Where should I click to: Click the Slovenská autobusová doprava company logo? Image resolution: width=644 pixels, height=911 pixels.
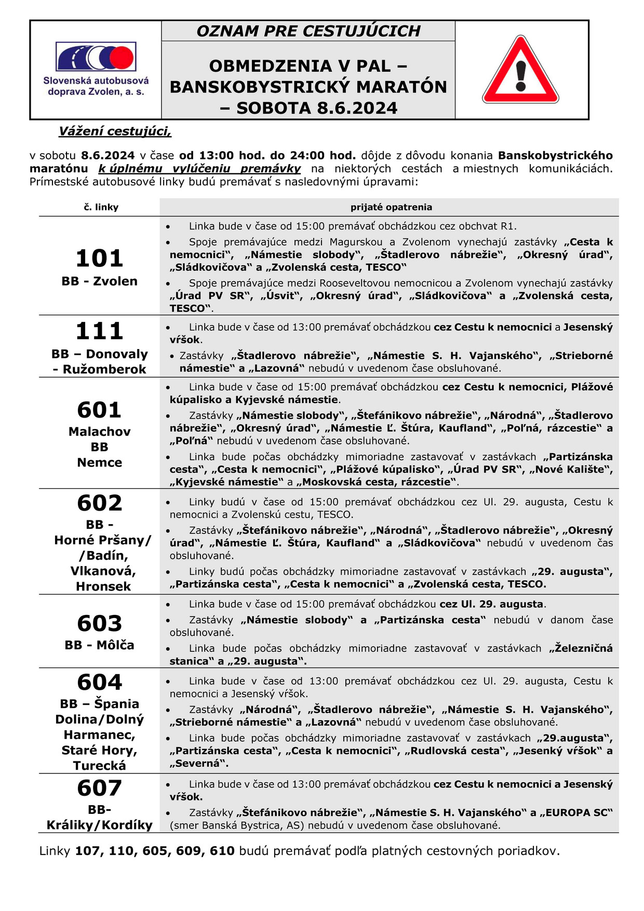click(x=96, y=69)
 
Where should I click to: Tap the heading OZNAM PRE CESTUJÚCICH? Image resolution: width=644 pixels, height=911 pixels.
click(x=308, y=31)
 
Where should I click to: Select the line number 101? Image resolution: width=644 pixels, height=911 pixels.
click(x=99, y=259)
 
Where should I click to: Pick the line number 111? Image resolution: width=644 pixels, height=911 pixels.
click(x=99, y=331)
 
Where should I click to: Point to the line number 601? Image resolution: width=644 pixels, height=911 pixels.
click(x=99, y=410)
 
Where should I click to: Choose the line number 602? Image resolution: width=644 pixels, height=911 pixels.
click(x=99, y=503)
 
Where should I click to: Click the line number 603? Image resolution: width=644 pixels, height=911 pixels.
click(x=99, y=623)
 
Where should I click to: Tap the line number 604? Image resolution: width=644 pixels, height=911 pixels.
click(x=99, y=682)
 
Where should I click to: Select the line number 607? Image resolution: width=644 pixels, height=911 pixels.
click(x=99, y=788)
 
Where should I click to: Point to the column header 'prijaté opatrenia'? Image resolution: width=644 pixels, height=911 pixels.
click(x=391, y=207)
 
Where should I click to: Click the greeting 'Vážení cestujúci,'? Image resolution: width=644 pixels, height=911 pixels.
click(x=115, y=131)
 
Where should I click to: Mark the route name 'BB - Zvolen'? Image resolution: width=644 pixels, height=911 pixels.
click(x=99, y=282)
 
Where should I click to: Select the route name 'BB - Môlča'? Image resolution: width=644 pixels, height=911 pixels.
click(x=99, y=646)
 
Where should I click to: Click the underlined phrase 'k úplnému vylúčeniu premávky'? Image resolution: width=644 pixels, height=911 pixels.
click(x=199, y=169)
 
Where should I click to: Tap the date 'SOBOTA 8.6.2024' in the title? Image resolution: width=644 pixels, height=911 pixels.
click(x=317, y=108)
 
